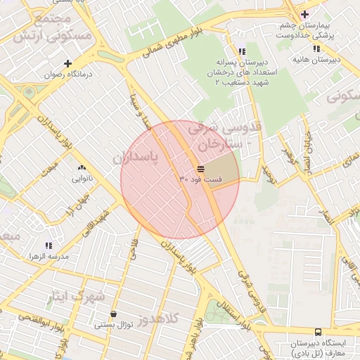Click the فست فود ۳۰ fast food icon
[201, 169]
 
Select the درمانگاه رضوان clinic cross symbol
[67, 63]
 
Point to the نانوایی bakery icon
[82, 168]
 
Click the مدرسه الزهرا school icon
[49, 245]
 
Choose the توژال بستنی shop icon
[113, 314]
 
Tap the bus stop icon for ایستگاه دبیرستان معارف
[318, 331]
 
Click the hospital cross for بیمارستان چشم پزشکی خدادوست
[304, 14]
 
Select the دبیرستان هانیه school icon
[316, 49]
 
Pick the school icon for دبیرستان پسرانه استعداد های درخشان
[242, 51]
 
